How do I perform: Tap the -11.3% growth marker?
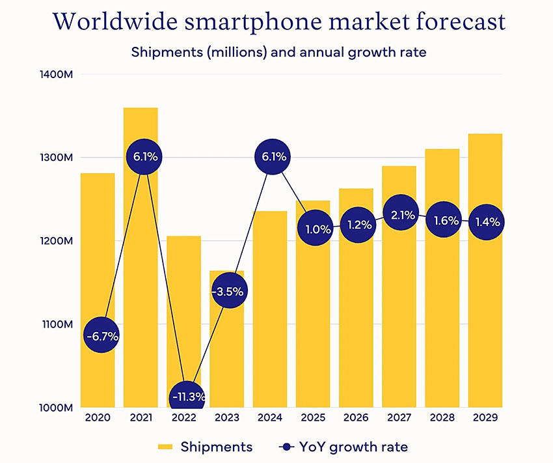(x=187, y=395)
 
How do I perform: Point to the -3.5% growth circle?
(x=228, y=291)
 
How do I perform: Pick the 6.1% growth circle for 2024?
(x=272, y=157)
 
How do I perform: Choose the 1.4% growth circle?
(x=487, y=222)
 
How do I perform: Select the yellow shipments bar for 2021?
(x=141, y=274)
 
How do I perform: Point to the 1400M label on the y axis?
(x=55, y=74)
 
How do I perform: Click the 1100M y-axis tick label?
(x=55, y=324)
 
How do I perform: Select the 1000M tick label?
(x=55, y=408)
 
